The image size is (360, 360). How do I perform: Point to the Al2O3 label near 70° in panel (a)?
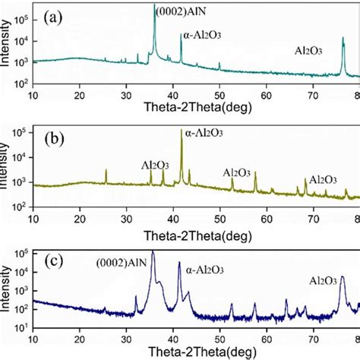tap(312, 52)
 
